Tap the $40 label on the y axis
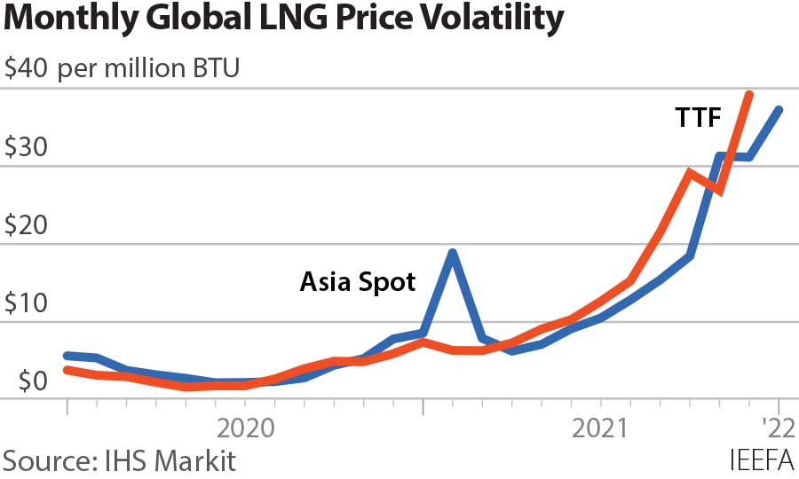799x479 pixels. tap(27, 69)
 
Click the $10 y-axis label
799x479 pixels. tap(27, 302)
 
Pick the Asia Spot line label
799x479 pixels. tap(358, 282)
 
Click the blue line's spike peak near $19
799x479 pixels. tap(453, 253)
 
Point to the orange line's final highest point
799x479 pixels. tap(749, 94)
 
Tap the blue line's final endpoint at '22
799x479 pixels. tap(779, 110)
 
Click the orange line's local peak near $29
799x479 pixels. tap(690, 172)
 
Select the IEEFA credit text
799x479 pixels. tap(762, 461)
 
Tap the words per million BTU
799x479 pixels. tap(149, 69)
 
